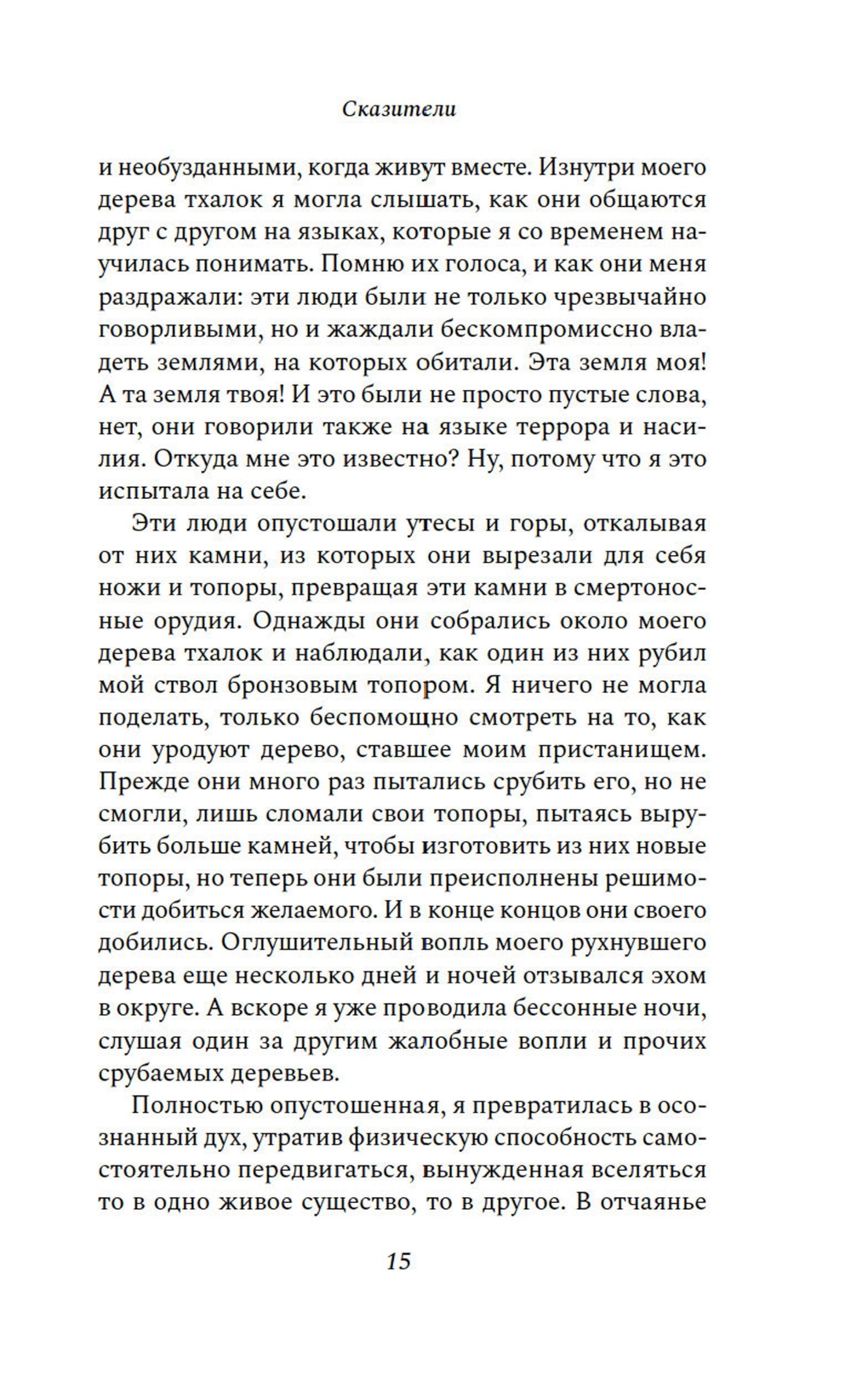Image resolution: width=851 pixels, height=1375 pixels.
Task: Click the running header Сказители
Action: click(x=400, y=110)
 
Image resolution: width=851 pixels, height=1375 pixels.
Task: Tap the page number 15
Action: click(x=398, y=1261)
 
